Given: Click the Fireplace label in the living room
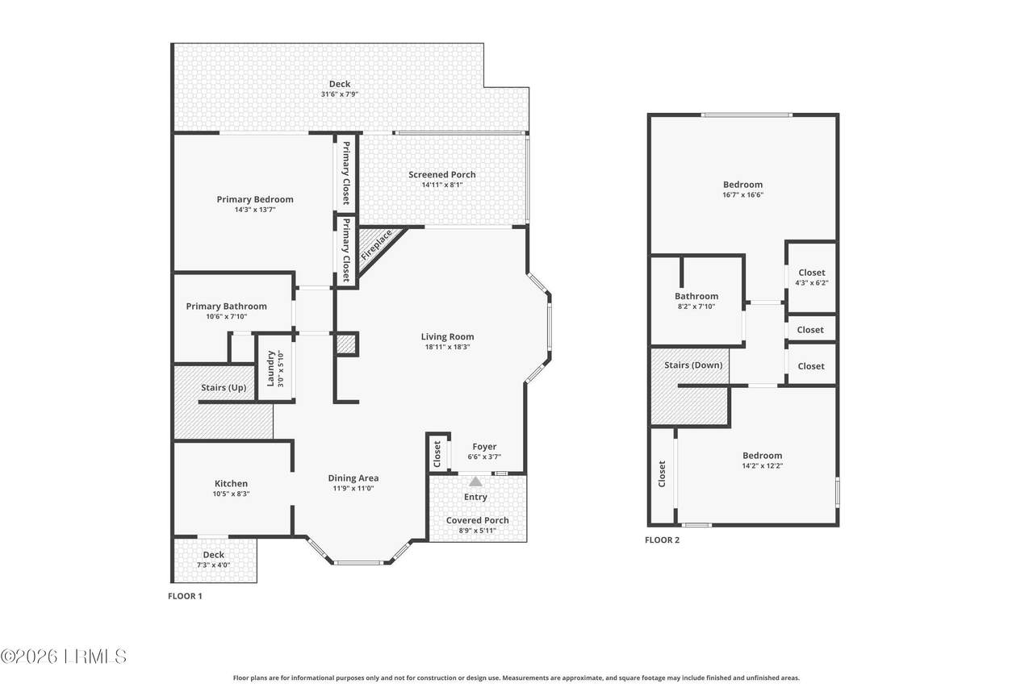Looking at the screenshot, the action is [376, 244].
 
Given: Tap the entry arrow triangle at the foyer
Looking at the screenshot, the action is [475, 482].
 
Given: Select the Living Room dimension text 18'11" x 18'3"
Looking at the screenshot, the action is [447, 347].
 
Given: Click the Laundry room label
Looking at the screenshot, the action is [270, 368].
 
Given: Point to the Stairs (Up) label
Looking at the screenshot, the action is [224, 387].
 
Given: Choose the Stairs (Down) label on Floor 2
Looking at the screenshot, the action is [693, 365].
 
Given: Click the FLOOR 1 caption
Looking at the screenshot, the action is [185, 596].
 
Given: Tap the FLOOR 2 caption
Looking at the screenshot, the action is [663, 540].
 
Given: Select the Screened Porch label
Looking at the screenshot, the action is [441, 174].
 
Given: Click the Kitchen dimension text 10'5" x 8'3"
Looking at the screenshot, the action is [231, 494].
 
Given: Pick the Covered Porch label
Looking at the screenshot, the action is [477, 519].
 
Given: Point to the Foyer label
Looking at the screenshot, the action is [484, 447].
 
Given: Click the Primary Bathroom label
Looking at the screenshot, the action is [227, 306].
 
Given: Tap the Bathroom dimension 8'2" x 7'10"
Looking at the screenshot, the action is [696, 306].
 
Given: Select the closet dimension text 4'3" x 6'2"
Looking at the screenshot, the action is [812, 283].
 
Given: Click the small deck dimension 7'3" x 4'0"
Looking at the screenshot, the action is [214, 565].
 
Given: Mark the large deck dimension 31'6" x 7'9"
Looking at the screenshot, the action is [340, 94].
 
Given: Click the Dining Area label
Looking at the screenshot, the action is [353, 477].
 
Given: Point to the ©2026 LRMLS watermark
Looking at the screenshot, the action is [64, 657].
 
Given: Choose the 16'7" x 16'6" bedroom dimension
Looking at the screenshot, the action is [743, 195].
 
